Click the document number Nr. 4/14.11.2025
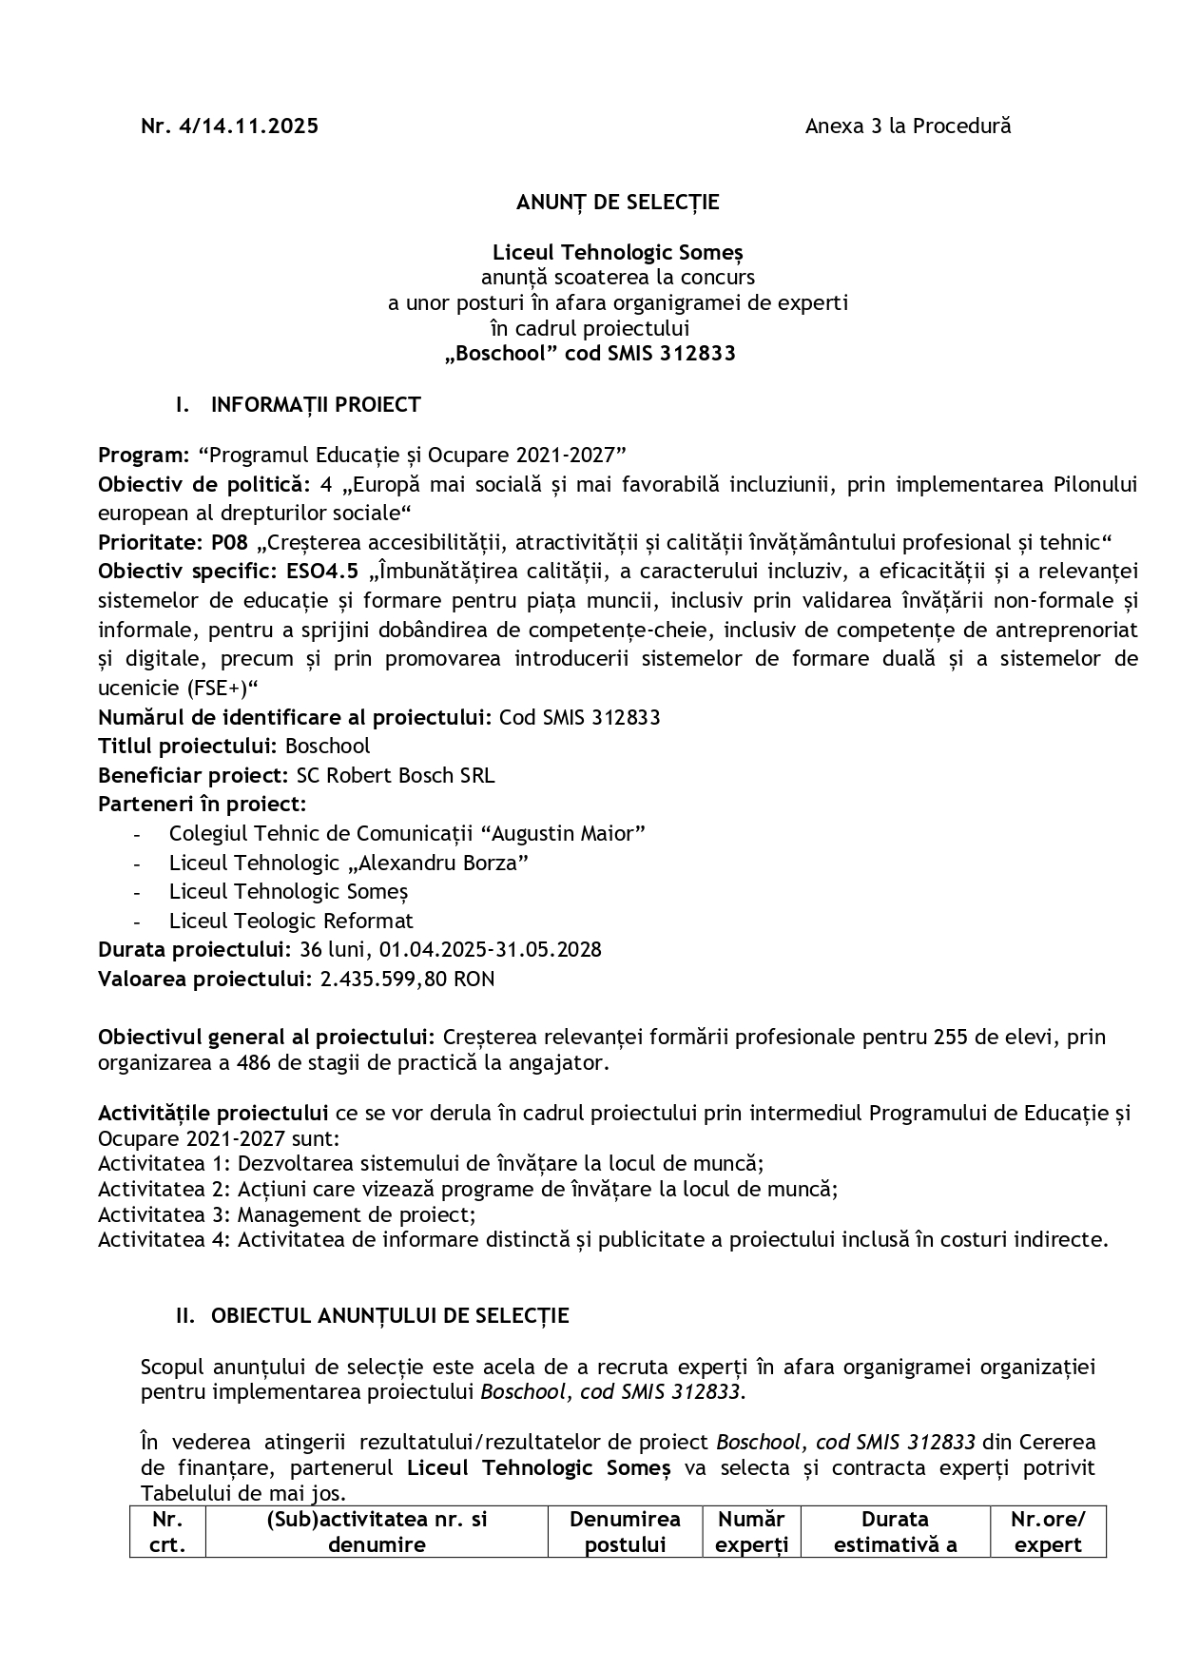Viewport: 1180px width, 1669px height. [229, 126]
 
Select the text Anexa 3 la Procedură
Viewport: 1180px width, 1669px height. [907, 126]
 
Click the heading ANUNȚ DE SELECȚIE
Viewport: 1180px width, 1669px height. [617, 202]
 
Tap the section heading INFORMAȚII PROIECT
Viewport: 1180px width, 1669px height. [316, 404]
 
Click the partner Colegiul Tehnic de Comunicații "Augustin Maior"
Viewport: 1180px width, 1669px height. [407, 833]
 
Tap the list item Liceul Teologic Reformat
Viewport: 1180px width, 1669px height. [291, 921]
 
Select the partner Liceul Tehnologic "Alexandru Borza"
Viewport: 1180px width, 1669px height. [348, 863]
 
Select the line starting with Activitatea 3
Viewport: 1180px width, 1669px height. [286, 1213]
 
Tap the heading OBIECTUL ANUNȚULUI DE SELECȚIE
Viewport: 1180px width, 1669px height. [390, 1315]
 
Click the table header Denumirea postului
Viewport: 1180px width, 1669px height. [625, 1531]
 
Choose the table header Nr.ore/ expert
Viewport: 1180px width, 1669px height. [1047, 1531]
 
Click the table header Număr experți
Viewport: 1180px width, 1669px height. [751, 1531]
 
